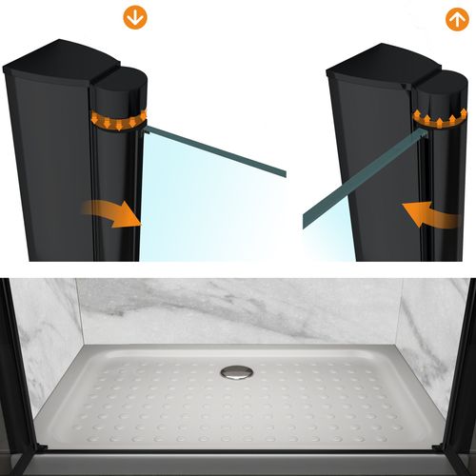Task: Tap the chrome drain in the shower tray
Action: [234, 372]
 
